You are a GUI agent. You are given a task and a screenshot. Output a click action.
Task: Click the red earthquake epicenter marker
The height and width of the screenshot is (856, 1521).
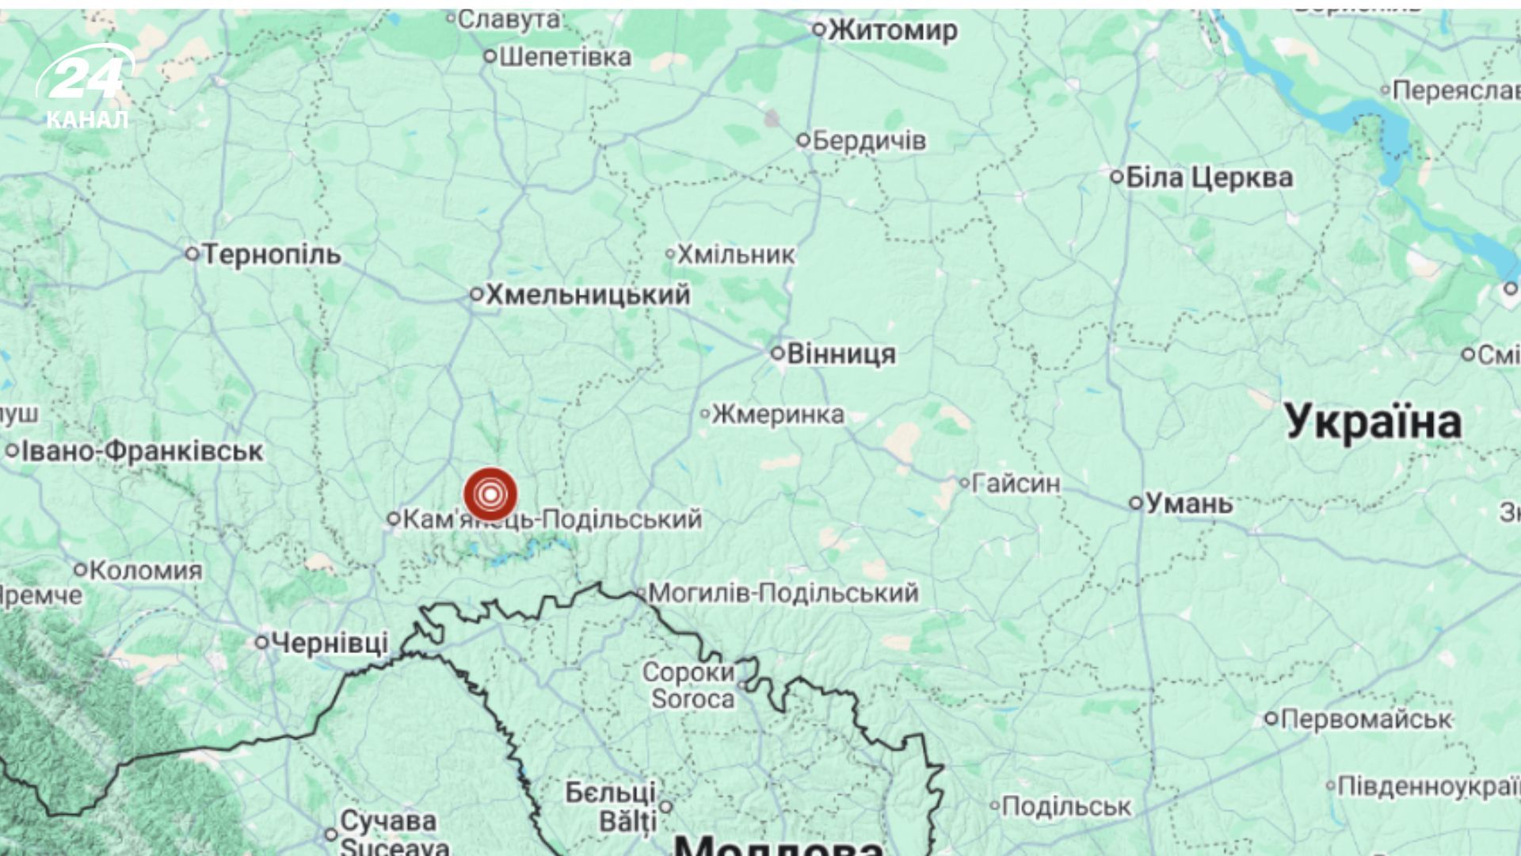490,495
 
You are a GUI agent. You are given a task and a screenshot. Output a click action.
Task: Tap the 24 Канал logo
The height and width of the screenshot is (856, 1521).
86,87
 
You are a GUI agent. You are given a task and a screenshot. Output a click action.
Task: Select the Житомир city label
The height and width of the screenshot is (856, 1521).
893,31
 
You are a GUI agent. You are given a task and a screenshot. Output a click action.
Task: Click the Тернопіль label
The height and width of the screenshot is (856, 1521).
272,254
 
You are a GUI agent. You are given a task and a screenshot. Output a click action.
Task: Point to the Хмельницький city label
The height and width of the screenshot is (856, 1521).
587,295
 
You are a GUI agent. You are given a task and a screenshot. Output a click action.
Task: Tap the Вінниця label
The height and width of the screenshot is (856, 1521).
841,353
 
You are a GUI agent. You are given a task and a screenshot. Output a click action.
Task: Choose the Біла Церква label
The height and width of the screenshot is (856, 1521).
1209,178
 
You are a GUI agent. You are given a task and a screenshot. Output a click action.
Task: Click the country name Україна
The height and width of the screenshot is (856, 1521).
1373,422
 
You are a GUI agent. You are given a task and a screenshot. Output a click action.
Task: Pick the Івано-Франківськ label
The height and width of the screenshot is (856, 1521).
142,451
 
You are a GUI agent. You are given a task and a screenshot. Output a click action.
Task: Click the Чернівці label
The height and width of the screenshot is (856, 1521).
330,643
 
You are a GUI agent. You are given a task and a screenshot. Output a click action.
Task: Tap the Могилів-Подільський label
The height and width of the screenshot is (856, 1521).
783,593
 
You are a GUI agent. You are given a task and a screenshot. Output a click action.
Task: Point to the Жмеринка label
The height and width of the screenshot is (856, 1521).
778,414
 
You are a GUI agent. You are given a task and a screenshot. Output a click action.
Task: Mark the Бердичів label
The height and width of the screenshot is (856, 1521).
869,141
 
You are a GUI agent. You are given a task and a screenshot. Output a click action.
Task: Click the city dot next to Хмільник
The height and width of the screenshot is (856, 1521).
670,254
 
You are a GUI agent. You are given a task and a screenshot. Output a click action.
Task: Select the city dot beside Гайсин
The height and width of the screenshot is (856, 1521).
964,482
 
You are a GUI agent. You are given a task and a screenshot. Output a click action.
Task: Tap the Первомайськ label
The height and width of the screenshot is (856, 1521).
1366,719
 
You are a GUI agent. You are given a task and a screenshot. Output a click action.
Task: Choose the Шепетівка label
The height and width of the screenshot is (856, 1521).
566,57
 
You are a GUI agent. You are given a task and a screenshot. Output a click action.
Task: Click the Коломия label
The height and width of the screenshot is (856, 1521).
146,570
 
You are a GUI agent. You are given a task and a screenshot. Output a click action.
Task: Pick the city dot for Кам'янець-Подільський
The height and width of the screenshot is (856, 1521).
393,519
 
